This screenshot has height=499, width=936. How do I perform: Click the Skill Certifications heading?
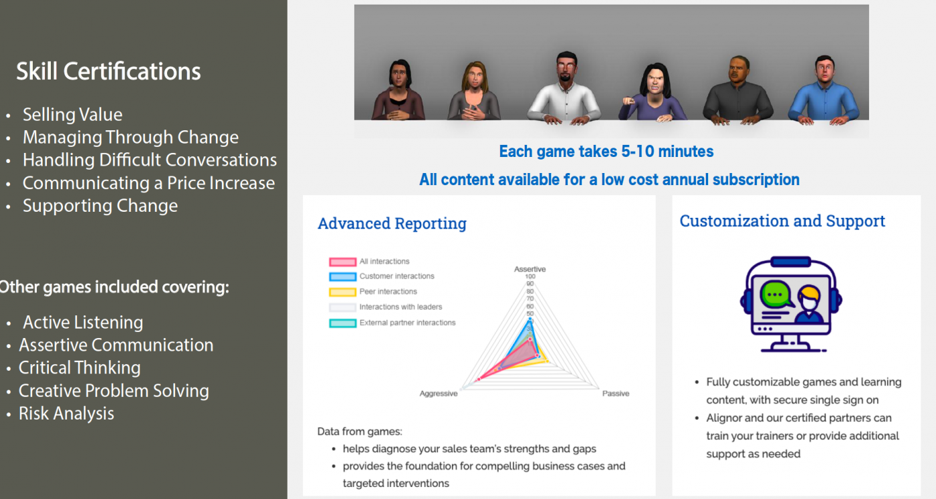click(108, 71)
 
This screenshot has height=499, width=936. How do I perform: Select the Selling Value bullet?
click(72, 115)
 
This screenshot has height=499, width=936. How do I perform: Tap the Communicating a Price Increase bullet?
click(148, 183)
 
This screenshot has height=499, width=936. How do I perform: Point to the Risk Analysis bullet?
click(66, 413)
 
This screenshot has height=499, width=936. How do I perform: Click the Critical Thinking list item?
click(80, 368)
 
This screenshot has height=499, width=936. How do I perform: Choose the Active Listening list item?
click(83, 323)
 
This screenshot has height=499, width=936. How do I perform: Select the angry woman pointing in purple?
click(652, 93)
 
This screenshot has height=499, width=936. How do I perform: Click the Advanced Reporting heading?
click(392, 223)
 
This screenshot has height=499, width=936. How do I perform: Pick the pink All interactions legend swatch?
click(342, 262)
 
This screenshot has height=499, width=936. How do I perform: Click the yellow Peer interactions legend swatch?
click(342, 292)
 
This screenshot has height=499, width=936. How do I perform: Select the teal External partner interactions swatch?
click(342, 323)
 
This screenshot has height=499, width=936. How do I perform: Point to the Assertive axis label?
click(530, 269)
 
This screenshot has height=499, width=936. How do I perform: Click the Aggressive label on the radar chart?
click(439, 393)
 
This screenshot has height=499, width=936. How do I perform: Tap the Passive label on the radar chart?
click(616, 393)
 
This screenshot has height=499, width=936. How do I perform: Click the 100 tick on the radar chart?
click(530, 277)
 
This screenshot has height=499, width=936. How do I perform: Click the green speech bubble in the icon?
click(776, 294)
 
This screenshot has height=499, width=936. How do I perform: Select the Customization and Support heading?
click(782, 221)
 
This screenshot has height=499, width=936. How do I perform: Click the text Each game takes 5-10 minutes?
click(606, 151)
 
